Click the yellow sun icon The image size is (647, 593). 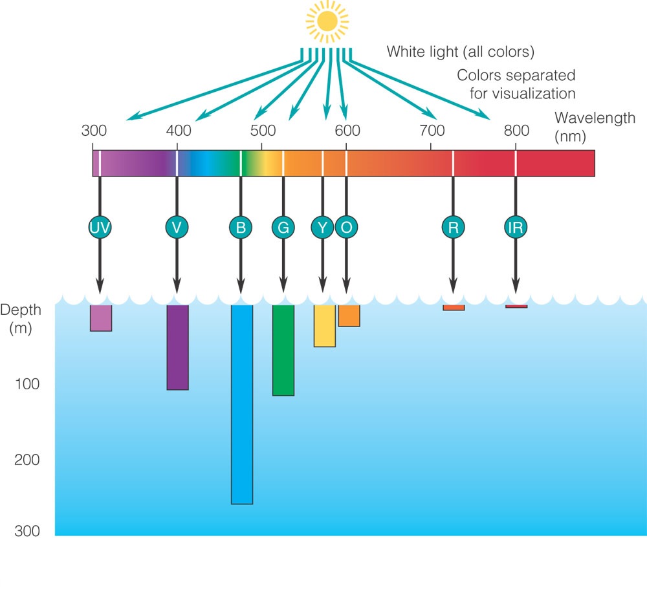327,21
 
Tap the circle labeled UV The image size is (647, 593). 100,227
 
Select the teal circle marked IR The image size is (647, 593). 516,227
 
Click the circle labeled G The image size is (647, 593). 283,227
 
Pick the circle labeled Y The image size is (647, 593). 322,227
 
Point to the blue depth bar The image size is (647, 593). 242,405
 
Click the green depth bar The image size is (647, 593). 283,350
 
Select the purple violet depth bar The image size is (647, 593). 178,348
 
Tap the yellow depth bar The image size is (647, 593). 325,326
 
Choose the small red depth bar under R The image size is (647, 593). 454,308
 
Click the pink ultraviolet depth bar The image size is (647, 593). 101,318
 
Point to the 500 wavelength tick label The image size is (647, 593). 263,131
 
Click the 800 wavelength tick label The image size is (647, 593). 516,131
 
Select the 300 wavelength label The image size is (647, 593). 94,131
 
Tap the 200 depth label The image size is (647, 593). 27,460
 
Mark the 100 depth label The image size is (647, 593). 27,384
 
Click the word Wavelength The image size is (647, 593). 595,118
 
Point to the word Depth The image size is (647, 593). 21,310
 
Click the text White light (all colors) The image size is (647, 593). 461,52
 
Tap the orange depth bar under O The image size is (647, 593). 349,316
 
